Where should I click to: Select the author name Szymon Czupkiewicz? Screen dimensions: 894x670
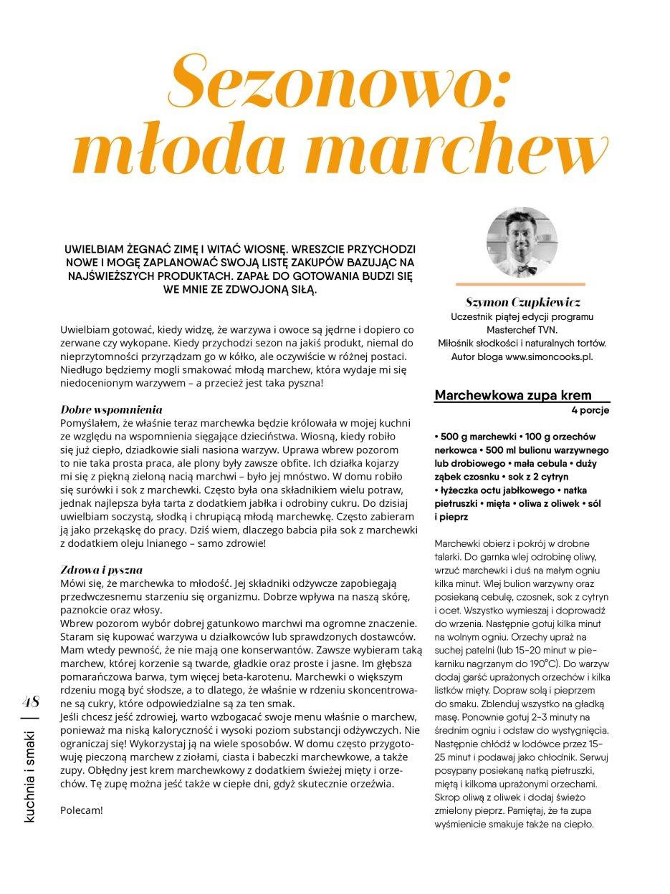[522, 302]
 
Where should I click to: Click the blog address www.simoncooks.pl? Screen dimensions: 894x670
[549, 356]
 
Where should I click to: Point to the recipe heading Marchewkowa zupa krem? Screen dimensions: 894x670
[513, 395]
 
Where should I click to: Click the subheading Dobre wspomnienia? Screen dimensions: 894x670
[111, 410]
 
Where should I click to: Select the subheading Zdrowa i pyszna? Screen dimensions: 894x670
[102, 570]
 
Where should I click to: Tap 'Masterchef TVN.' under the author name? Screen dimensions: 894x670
[522, 329]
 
